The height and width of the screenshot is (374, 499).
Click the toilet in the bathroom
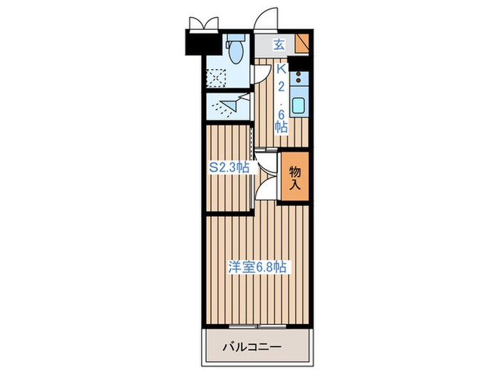[236, 49]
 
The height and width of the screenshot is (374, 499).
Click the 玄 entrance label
[280, 45]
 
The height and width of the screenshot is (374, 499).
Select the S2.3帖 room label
[228, 169]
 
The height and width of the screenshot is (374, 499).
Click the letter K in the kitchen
[281, 69]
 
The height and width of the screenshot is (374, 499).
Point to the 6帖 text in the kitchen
[281, 120]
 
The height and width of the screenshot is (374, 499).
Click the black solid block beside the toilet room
[201, 43]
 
